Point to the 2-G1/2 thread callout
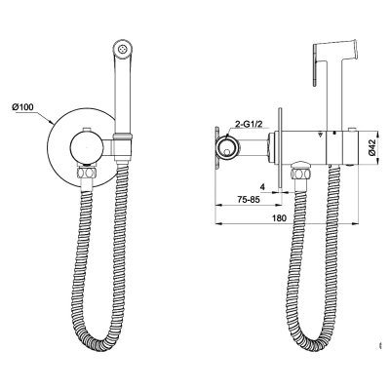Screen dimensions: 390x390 click(x=246, y=125)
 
